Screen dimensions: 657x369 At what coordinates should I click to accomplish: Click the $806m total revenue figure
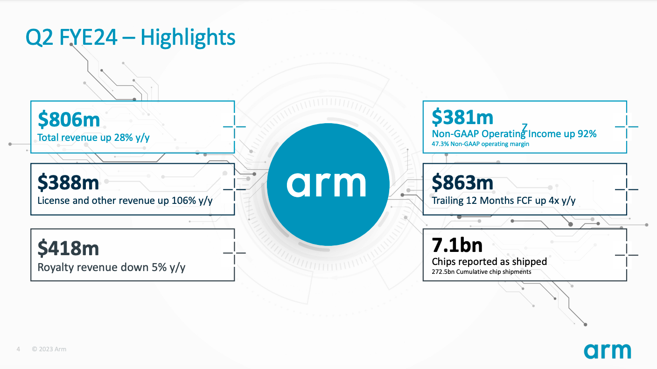[x=69, y=120]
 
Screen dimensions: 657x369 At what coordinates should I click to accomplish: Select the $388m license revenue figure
[x=68, y=182]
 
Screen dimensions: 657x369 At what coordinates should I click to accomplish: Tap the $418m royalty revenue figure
[x=68, y=248]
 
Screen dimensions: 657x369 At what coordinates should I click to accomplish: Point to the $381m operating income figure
[x=462, y=118]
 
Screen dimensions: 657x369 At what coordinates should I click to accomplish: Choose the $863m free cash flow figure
[x=462, y=182]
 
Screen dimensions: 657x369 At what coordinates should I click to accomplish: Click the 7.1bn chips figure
[x=457, y=245]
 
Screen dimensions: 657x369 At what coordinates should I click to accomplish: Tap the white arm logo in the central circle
[x=326, y=184]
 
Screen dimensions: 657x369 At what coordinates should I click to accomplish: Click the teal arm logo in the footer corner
[x=608, y=351]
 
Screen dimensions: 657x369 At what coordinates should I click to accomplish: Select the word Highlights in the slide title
[x=188, y=37]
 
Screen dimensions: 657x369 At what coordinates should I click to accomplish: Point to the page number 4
[x=18, y=349]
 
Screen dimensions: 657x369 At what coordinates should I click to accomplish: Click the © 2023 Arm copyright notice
[x=49, y=349]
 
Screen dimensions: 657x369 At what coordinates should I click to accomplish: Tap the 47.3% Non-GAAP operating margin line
[x=481, y=144]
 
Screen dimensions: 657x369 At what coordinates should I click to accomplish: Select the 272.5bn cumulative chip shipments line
[x=481, y=272]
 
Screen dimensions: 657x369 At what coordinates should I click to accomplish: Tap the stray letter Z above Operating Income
[x=525, y=127]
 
